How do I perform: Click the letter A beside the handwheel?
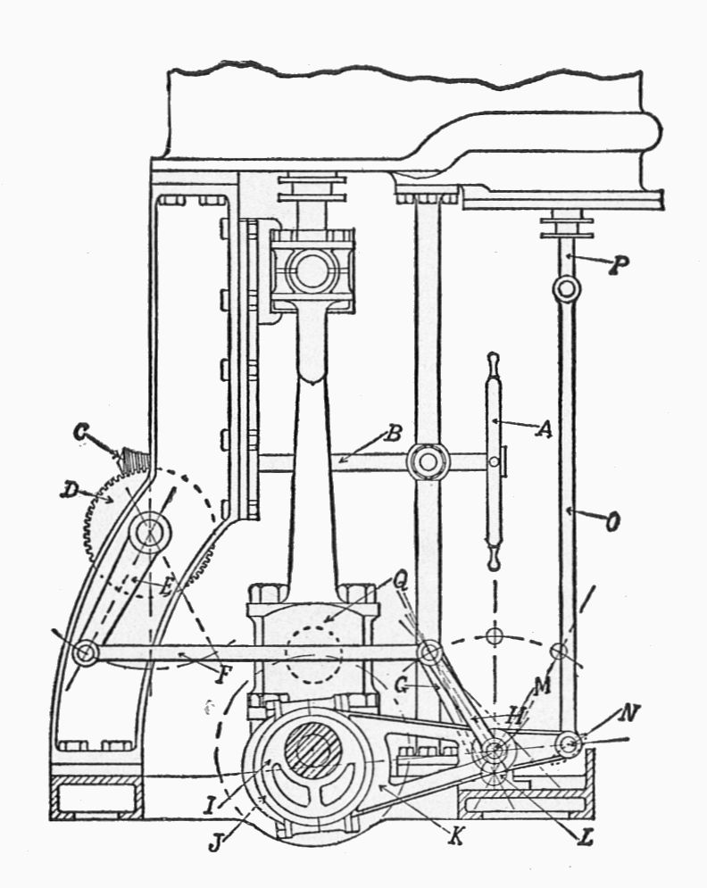[544, 430]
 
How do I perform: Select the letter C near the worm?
[81, 433]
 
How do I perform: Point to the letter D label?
[69, 491]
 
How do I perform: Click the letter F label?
[224, 675]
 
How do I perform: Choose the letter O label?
[612, 522]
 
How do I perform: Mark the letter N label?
[628, 713]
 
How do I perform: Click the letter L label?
[585, 838]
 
